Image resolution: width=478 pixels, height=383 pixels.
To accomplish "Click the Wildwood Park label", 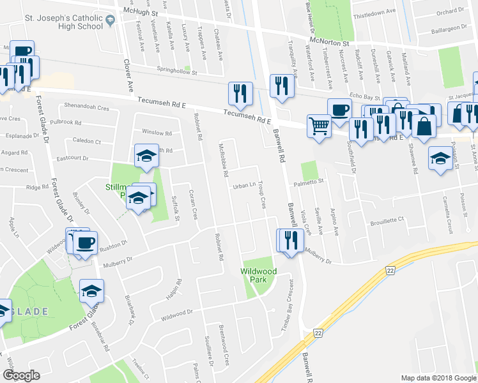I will pos(258,275).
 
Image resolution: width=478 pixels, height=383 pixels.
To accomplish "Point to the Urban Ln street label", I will pos(244,186).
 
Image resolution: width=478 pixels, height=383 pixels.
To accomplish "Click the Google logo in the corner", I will pos(21,375).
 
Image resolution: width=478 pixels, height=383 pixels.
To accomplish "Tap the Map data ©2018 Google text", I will pos(438,378).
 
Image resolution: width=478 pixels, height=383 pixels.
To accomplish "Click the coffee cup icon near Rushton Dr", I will pos(86,243).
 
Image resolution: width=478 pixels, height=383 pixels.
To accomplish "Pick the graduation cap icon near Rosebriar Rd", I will pos(91,291).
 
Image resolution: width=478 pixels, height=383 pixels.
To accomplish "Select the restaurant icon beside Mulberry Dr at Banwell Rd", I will pos(290,241).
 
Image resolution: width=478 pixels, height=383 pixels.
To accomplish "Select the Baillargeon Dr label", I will pos(447,29).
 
